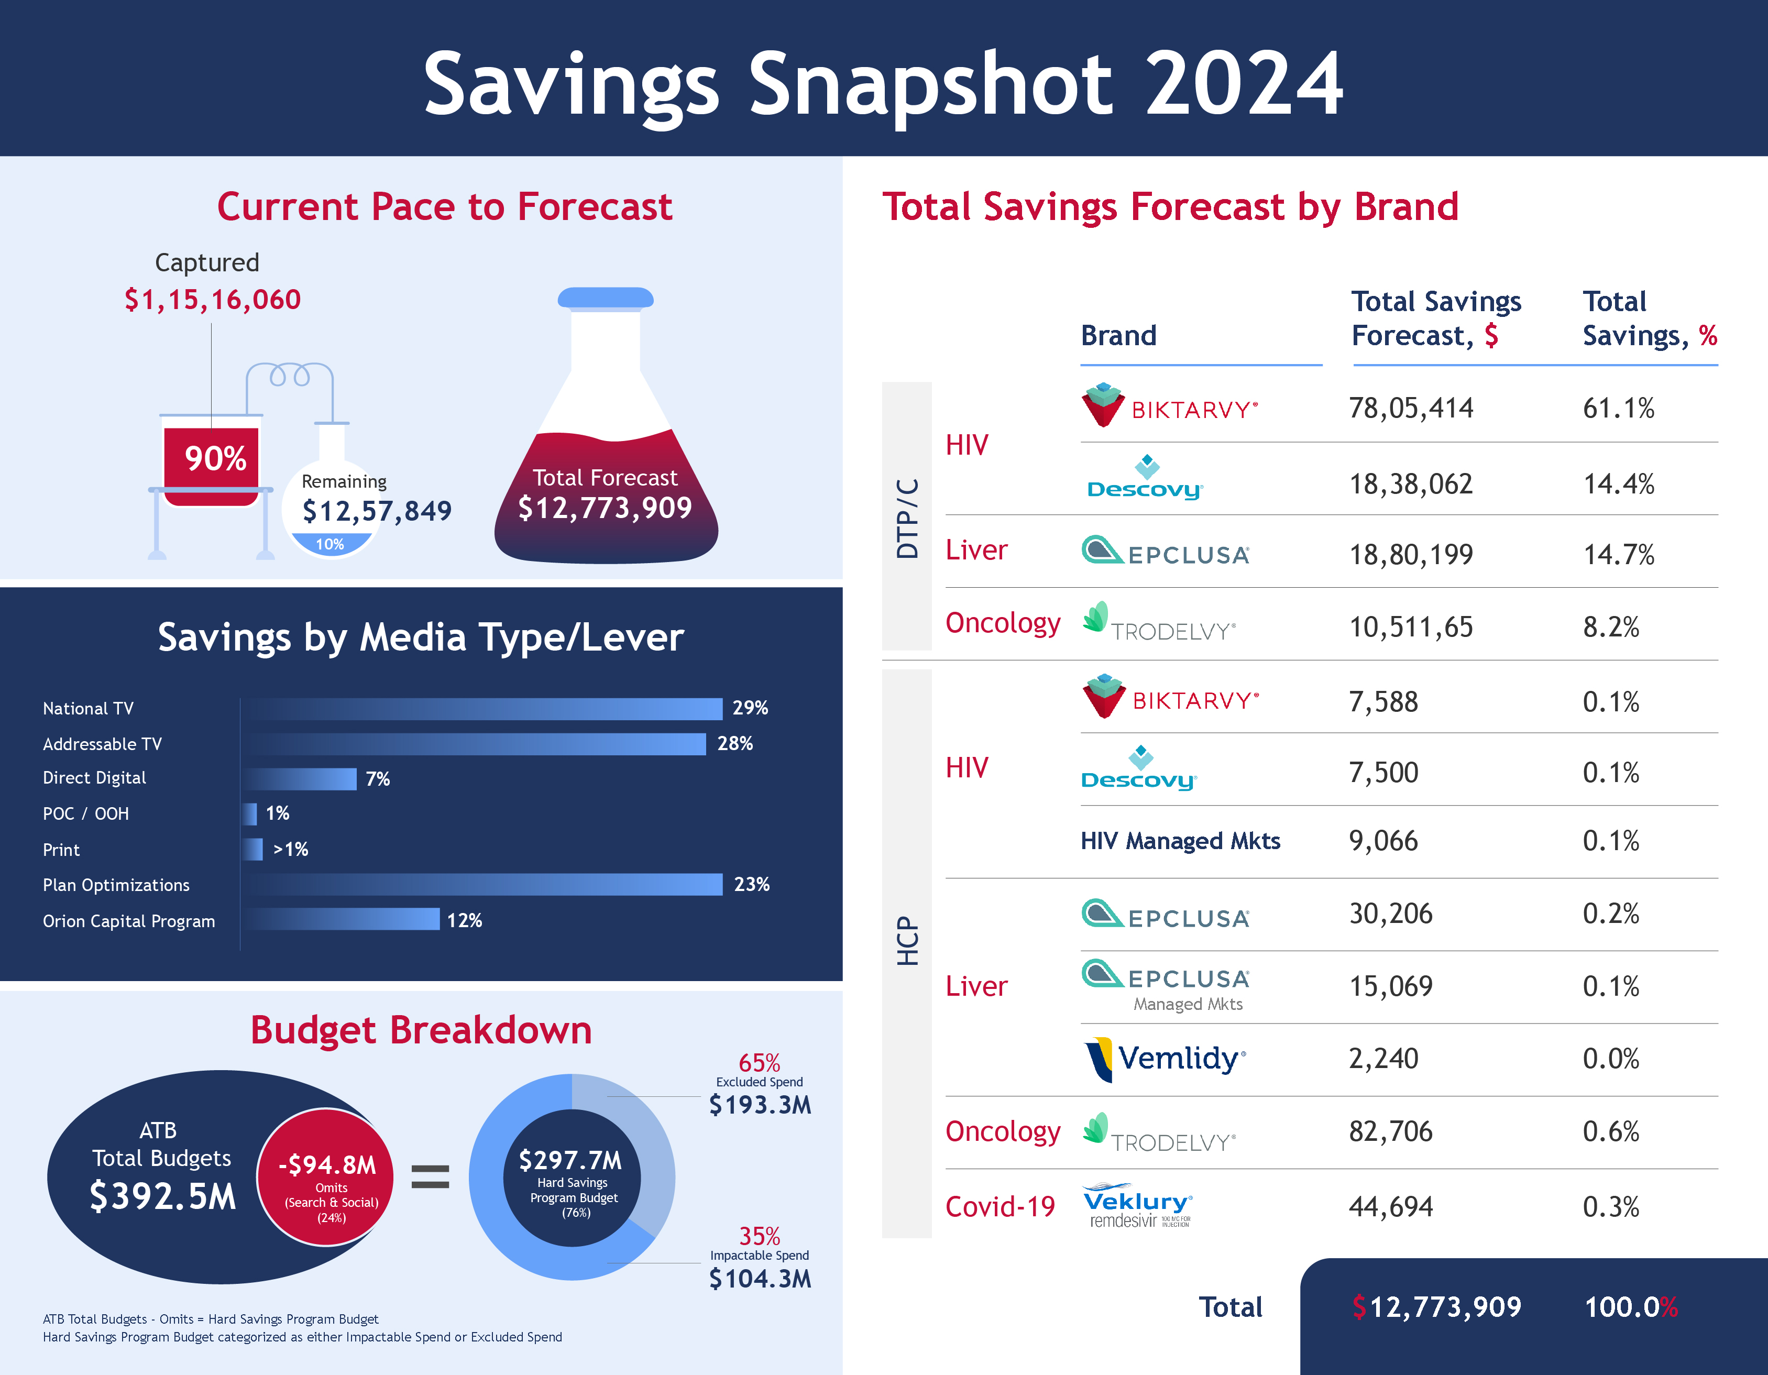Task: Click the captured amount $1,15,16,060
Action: pos(212,300)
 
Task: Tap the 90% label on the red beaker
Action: pos(215,459)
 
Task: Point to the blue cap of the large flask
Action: pos(606,298)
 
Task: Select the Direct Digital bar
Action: pos(301,778)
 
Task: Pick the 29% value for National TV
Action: pos(750,708)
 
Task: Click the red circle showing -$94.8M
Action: pos(326,1176)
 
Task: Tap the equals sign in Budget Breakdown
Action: pos(430,1176)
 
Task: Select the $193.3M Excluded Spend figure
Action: pos(760,1105)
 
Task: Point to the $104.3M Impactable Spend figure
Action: pos(760,1279)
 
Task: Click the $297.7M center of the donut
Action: pos(572,1178)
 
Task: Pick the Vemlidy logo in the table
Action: pos(1164,1059)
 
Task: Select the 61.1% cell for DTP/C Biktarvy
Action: pos(1618,409)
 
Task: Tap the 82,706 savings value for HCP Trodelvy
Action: pos(1390,1131)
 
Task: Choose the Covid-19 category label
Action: pos(1000,1207)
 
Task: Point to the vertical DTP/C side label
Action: pos(907,518)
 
